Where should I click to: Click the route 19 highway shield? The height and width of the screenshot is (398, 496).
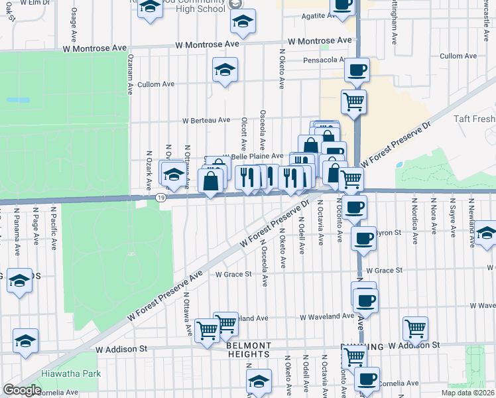[160, 198]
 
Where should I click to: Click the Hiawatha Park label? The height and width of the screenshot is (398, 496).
[71, 373]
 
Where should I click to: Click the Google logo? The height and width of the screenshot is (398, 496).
[22, 390]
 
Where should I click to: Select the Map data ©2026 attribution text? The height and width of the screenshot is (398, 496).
[468, 393]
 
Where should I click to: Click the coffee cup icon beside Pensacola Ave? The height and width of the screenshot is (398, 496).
[356, 70]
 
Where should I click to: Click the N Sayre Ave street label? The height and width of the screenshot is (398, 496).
[452, 217]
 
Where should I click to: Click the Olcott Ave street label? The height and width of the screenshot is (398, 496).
[244, 135]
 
